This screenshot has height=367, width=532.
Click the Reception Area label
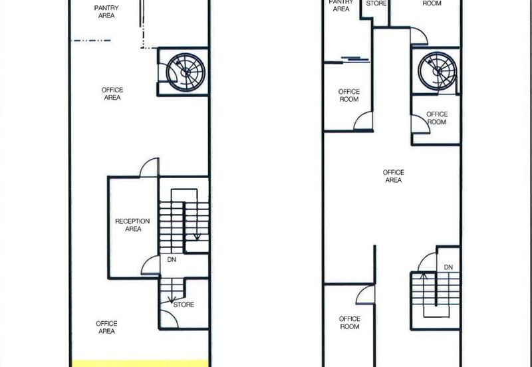[132, 225]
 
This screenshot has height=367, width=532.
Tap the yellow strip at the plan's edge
[140, 363]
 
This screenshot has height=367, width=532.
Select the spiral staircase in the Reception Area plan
[186, 72]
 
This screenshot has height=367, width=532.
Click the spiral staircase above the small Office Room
[438, 71]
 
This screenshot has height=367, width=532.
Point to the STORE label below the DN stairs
[184, 305]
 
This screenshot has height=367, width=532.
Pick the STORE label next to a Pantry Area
[376, 3]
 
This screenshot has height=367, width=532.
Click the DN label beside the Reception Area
[172, 260]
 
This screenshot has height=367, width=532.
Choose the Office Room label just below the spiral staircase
[437, 118]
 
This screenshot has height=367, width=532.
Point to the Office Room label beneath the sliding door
[348, 95]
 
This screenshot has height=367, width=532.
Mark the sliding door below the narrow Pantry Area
[355, 60]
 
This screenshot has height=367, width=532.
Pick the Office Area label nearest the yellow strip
[106, 327]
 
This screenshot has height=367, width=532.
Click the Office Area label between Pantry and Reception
[112, 94]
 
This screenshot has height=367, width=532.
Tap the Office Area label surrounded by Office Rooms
[394, 176]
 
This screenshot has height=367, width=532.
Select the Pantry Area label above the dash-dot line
[106, 11]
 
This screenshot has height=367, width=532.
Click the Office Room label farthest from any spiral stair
[350, 322]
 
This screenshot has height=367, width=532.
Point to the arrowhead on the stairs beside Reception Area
[197, 237]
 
